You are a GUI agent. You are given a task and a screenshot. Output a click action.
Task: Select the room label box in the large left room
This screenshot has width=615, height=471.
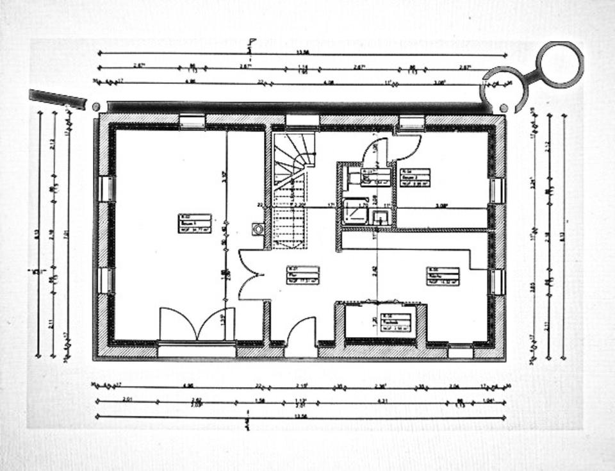pyautogui.click(x=195, y=223)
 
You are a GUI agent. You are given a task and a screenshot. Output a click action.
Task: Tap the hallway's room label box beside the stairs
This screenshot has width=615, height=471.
pyautogui.click(x=302, y=274)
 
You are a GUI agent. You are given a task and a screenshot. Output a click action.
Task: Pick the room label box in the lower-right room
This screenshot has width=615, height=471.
pyautogui.click(x=443, y=276)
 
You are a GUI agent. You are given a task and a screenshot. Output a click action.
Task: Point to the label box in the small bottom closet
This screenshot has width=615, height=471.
pyautogui.click(x=395, y=322)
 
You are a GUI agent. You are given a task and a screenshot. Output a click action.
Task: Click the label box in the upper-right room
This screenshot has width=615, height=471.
pyautogui.click(x=414, y=178)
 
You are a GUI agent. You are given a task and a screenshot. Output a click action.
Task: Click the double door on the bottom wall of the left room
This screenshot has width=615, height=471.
pyautogui.click(x=197, y=324)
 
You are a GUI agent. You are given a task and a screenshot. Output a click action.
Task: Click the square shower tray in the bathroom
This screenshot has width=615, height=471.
pyautogui.click(x=354, y=210)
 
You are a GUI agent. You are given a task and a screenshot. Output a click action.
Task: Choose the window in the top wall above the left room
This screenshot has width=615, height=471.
pyautogui.click(x=192, y=121)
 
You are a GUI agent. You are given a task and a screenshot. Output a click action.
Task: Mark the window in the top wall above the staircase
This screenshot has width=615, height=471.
pyautogui.click(x=302, y=120)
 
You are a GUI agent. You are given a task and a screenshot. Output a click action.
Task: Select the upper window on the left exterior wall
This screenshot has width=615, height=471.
pyautogui.click(x=106, y=189)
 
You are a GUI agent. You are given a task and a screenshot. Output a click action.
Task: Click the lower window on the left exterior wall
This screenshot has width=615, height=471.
pyautogui.click(x=105, y=281)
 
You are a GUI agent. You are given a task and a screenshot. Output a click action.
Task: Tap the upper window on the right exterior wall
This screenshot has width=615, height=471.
pyautogui.click(x=497, y=190)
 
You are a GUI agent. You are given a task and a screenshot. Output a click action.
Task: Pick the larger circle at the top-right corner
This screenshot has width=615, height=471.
pyautogui.click(x=559, y=64)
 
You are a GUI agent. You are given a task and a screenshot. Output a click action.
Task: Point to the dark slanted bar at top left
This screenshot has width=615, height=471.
pyautogui.click(x=58, y=99)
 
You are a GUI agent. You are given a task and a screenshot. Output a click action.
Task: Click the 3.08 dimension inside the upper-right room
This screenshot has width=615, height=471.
pyautogui.click(x=441, y=206)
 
